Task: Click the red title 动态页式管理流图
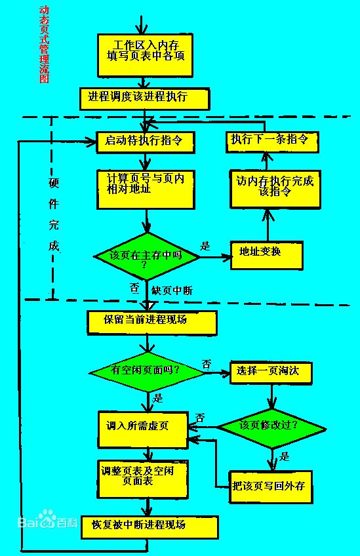click(x=43, y=44)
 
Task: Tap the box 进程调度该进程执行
click(x=144, y=98)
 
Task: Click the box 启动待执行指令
click(x=145, y=141)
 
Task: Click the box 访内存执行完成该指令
click(x=275, y=189)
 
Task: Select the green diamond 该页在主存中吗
click(x=146, y=256)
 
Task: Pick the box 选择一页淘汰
click(x=270, y=372)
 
